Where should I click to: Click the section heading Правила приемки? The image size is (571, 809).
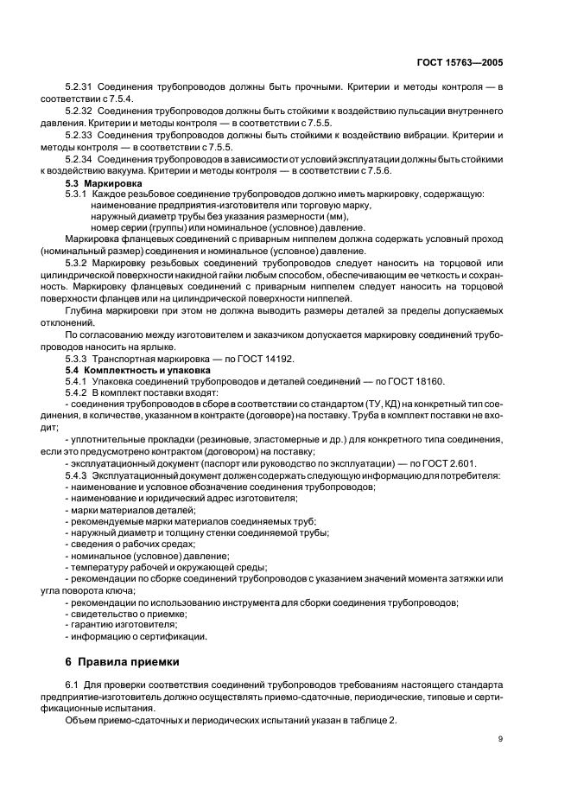click(x=129, y=662)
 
